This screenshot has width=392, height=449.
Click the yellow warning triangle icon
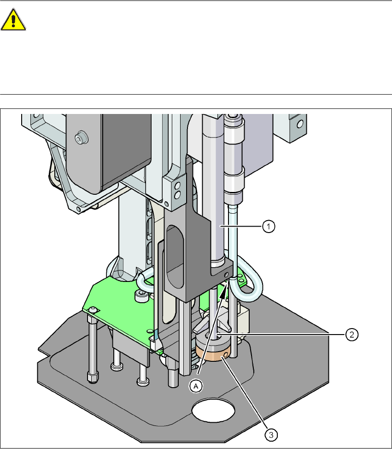coord(13,19)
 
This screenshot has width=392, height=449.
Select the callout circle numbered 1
coord(269,227)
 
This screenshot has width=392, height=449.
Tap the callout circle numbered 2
coord(351,334)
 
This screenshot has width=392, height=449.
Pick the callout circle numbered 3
coord(271,435)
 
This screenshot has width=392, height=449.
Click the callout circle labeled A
coord(196,386)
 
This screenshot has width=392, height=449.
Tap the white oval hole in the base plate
coord(213,410)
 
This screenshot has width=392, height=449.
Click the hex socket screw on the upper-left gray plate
coord(81,138)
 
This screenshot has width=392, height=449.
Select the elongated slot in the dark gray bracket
coord(175,256)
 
